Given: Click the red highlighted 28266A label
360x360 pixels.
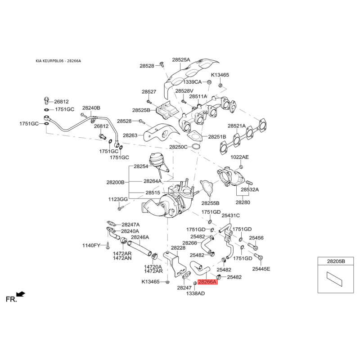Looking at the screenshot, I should tap(207, 282).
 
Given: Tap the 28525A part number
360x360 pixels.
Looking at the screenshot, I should tap(181, 59).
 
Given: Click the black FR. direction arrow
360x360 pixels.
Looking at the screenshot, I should tap(21, 294).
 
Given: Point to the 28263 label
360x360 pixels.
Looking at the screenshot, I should tap(130, 135).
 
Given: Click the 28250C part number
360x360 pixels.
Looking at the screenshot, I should tap(178, 147).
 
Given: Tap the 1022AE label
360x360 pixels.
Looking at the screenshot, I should tap(239, 157).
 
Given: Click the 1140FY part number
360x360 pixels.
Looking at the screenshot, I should tap(92, 245).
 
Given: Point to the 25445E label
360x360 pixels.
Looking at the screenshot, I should tap(261, 269).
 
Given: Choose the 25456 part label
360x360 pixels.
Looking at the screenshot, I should tap(256, 238).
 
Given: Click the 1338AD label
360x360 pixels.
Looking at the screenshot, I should tap(195, 293).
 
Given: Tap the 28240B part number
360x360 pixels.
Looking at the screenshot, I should tap(91, 108).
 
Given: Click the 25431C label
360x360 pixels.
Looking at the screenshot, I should tap(230, 216).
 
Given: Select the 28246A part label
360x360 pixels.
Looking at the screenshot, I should tap(140, 237).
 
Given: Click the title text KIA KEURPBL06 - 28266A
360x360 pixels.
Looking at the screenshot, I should tap(58, 61).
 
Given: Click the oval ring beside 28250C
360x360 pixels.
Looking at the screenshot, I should tap(196, 147).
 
